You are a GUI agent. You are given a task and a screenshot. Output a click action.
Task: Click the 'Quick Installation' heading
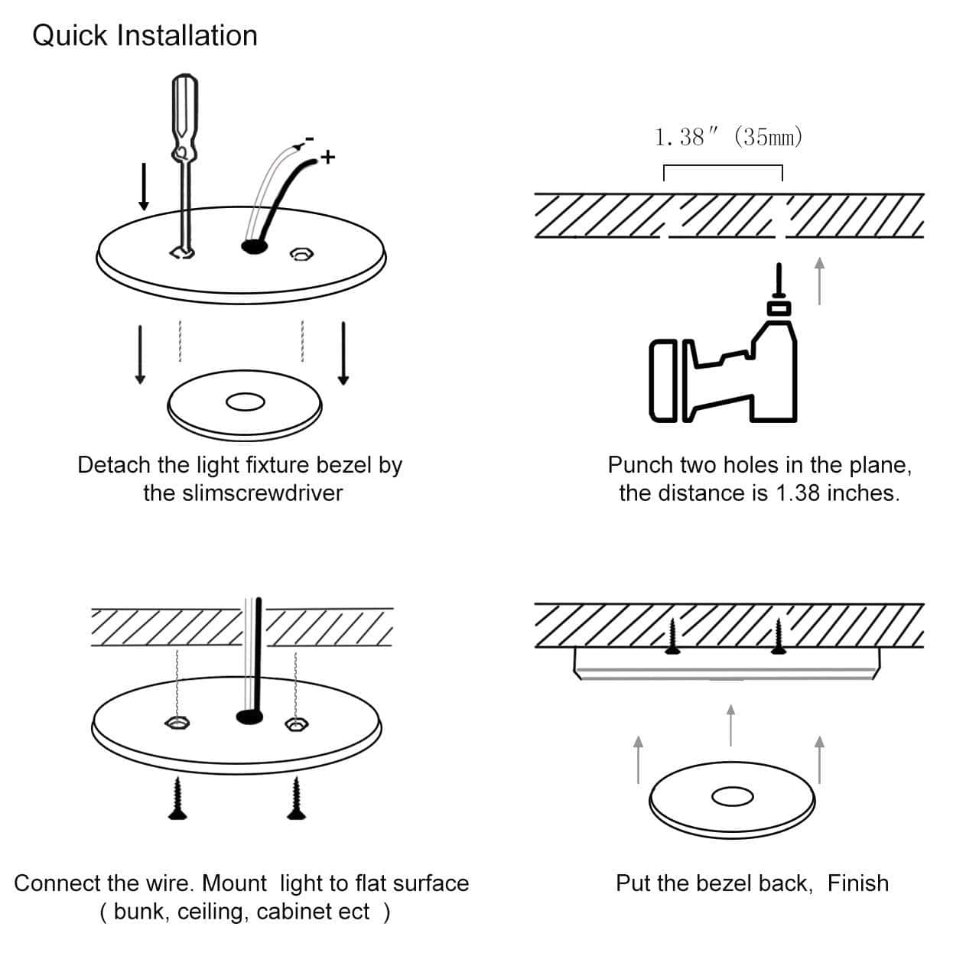point(145,36)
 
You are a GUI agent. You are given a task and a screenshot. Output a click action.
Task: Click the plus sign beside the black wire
point(328,158)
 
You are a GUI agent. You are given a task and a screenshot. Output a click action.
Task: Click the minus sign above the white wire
point(309,139)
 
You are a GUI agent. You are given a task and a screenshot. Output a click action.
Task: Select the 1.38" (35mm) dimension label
point(728,138)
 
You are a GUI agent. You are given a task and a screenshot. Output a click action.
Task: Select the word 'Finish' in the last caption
point(858,883)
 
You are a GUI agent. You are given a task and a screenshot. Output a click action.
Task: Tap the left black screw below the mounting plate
point(178,798)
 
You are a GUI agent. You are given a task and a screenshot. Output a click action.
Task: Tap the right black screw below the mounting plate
point(296,798)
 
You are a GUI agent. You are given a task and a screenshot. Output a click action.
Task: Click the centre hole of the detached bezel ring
point(245,402)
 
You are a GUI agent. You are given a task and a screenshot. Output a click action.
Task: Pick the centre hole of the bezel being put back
point(732,796)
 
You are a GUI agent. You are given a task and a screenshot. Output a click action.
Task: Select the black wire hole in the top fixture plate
point(254,246)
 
